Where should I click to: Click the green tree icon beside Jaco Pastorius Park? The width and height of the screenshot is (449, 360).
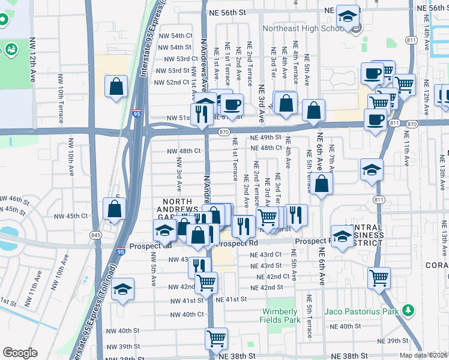click(x=408, y=310)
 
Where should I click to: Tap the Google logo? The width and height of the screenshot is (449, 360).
click(x=20, y=353)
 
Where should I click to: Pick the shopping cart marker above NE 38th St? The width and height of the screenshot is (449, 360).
click(x=216, y=338)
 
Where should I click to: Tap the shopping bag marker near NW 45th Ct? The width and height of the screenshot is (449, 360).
click(x=114, y=209)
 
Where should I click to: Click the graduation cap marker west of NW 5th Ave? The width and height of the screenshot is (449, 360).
click(x=122, y=290)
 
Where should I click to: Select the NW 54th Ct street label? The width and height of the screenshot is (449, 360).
click(x=175, y=36)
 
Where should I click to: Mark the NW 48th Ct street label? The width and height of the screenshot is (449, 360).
click(x=184, y=151)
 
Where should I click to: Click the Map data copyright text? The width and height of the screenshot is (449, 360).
click(x=423, y=355)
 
